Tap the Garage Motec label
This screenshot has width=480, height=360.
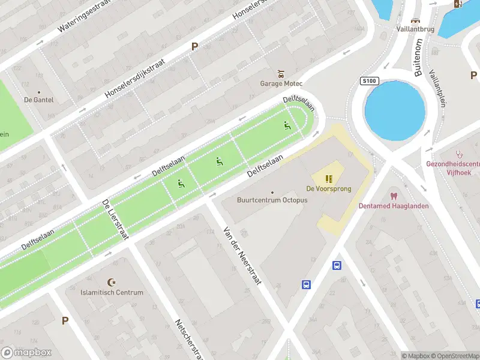tap(281, 83)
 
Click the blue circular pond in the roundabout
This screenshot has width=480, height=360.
tap(395, 112)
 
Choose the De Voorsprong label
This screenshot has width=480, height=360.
tap(328, 188)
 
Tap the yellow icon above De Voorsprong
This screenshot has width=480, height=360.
tap(329, 178)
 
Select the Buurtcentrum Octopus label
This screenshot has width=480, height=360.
tap(272, 200)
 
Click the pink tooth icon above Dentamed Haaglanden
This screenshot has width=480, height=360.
tap(394, 196)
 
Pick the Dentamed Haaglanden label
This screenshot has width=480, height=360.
tap(394, 206)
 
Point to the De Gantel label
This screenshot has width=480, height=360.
tap(38, 100)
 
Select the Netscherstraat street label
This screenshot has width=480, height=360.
tap(187, 339)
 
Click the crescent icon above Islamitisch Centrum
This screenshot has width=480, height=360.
tap(111, 282)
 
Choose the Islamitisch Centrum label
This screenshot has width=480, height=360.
tap(112, 292)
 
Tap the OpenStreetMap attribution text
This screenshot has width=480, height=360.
tap(454, 356)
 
